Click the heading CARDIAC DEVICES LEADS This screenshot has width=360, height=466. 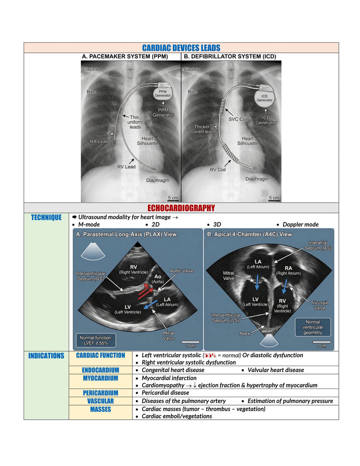coord(181,48)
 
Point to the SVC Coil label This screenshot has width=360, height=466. coord(238,119)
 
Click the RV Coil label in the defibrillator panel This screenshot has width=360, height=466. coord(218,170)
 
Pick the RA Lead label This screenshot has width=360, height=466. coord(99,141)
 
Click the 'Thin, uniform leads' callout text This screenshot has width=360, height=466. coord(135,122)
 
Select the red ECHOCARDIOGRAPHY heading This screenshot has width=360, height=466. coord(181,208)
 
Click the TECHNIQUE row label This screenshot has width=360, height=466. coord(46,217)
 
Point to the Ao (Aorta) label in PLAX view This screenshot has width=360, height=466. coord(157,279)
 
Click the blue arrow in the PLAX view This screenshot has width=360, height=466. coord(150,305)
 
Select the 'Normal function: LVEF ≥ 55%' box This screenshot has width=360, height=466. coord(96,340)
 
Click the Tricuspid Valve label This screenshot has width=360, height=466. coord(319,306)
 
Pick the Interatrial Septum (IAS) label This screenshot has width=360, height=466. coord(318,245)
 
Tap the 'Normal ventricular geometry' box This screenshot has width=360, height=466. coord(312,327)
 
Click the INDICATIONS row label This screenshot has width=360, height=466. coord(46,356)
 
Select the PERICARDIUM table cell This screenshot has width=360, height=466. coord(100,393)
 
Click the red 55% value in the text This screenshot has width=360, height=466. coord(210,355)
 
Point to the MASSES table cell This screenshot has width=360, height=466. coord(100,412)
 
